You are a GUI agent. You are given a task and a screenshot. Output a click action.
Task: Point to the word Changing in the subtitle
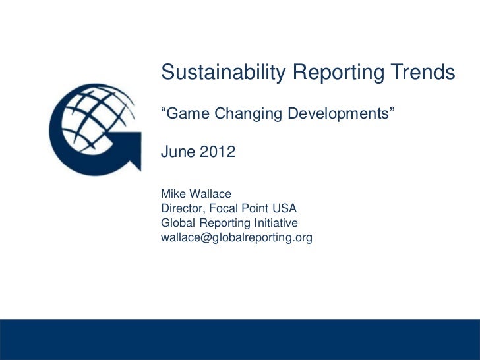pyautogui.click(x=250, y=114)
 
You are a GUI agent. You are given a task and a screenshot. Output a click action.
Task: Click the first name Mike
pyautogui.click(x=173, y=195)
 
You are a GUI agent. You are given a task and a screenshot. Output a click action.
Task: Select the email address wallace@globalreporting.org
pyautogui.click(x=236, y=238)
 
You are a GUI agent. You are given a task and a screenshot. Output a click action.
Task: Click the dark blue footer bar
pyautogui.click(x=240, y=339)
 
